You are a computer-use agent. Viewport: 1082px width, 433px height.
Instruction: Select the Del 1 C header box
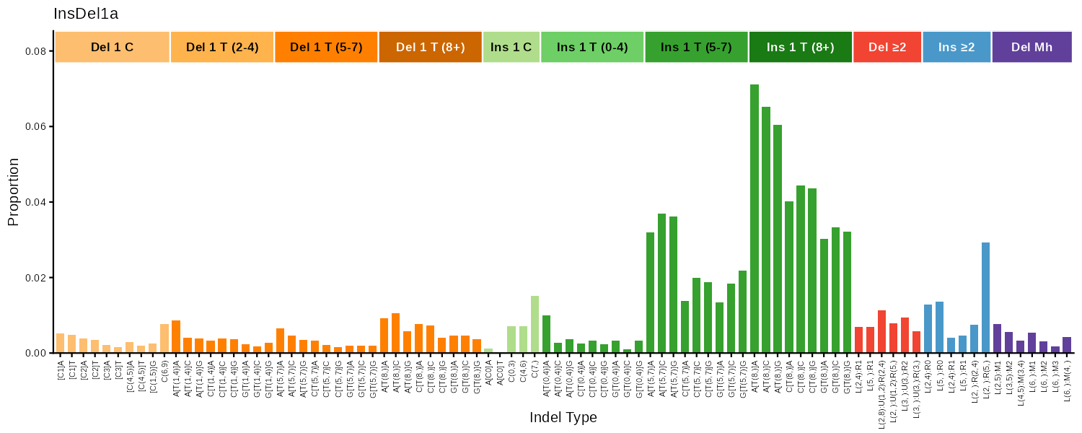pos(112,47)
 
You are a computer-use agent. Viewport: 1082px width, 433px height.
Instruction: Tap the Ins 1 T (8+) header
pos(800,47)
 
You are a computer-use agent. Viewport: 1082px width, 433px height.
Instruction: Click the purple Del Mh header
pos(1032,47)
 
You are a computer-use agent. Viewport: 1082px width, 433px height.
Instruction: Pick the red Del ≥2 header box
pos(887,47)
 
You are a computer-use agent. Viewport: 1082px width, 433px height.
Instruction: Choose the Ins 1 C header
pos(511,47)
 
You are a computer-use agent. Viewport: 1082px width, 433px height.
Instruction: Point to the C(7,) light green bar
pos(535,324)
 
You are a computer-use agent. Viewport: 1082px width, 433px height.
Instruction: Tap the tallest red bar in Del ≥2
pos(881,331)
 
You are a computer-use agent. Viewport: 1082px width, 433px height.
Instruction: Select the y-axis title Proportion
pos(13,202)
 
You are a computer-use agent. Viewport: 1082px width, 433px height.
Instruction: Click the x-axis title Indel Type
pos(563,418)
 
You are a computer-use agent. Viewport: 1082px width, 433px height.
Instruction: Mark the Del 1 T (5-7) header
pos(325,47)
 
